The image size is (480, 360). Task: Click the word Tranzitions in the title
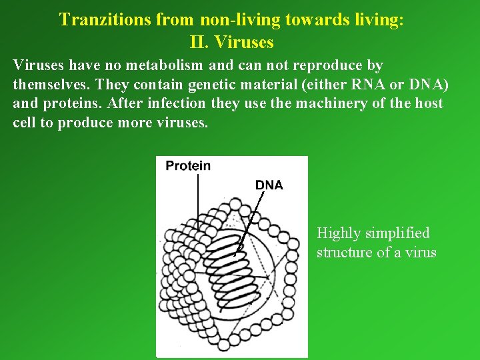(105, 19)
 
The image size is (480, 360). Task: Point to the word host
(428, 105)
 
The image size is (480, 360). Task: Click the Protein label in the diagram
(188, 165)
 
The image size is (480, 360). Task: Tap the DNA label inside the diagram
(269, 185)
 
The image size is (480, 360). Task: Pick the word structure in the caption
(344, 252)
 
